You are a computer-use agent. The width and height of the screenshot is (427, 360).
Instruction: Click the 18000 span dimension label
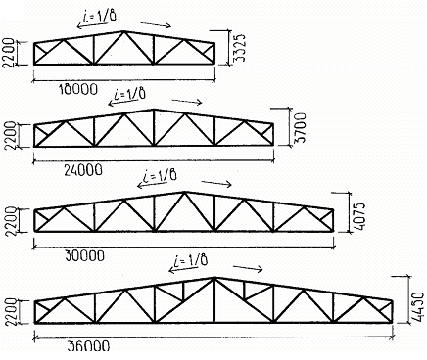tap(78, 89)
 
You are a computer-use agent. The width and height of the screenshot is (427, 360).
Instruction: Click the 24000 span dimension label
tap(83, 170)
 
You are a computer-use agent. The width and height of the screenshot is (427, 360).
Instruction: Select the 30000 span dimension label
tap(84, 255)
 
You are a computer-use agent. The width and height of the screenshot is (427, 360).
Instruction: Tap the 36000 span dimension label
tap(88, 345)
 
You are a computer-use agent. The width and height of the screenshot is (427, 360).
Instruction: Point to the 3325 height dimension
tap(240, 48)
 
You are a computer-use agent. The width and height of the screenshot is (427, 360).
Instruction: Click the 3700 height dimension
tap(301, 128)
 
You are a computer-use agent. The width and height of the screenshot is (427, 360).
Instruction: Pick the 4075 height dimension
tap(359, 217)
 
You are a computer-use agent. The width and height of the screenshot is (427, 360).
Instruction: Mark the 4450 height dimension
tap(418, 307)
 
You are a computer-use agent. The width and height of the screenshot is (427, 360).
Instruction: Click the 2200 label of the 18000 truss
tap(9, 53)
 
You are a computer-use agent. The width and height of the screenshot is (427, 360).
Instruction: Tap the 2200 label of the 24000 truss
tap(10, 135)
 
